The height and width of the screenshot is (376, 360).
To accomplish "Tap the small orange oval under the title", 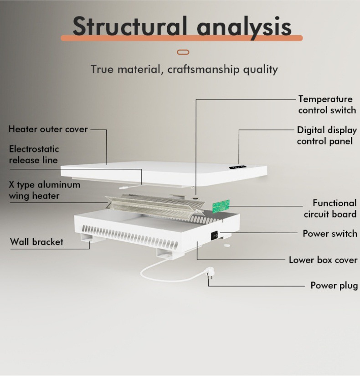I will [x=182, y=52].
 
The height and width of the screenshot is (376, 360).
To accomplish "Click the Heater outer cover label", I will [x=48, y=129].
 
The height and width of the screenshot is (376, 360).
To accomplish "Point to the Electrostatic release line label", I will [x=34, y=154].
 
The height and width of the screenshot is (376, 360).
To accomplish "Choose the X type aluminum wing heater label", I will [x=44, y=190].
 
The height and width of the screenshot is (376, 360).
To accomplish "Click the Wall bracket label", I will [x=36, y=242].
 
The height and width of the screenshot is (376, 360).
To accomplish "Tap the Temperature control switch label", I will [x=326, y=104].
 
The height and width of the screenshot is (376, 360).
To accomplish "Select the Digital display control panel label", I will [x=326, y=136].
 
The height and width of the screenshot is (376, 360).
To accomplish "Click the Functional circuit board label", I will [x=330, y=209].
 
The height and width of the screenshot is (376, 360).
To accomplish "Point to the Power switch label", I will [x=330, y=234].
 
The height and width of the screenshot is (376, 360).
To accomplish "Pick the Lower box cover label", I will [x=323, y=260].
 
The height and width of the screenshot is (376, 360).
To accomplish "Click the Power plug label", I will [x=334, y=286].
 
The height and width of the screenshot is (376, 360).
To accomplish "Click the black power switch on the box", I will [x=214, y=236].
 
